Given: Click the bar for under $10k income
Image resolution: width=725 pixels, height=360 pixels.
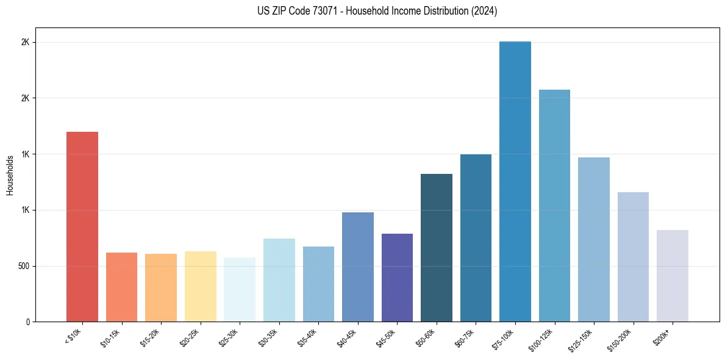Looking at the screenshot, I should point(82,226).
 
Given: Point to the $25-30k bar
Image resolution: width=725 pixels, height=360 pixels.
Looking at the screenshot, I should point(239,289).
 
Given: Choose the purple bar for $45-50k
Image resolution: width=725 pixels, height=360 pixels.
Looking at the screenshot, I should point(397,278).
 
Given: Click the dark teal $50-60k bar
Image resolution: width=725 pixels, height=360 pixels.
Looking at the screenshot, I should point(436,248).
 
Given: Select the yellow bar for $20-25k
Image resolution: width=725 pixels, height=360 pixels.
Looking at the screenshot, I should point(200,286).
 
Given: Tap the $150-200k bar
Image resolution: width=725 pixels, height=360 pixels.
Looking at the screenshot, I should point(633,257).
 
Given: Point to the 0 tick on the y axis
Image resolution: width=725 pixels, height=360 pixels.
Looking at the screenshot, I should point(28,322).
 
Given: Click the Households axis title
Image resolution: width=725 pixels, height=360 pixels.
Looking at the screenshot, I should point(10,175).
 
